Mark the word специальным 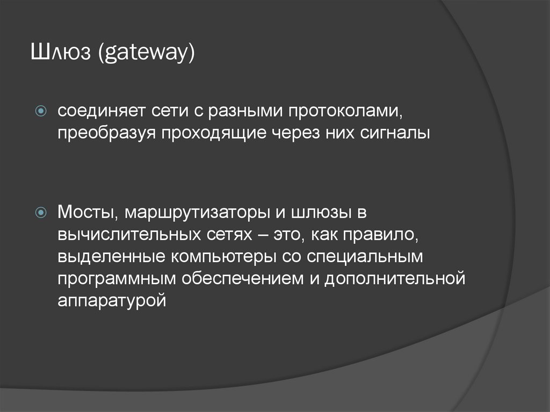[x=366, y=256]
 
